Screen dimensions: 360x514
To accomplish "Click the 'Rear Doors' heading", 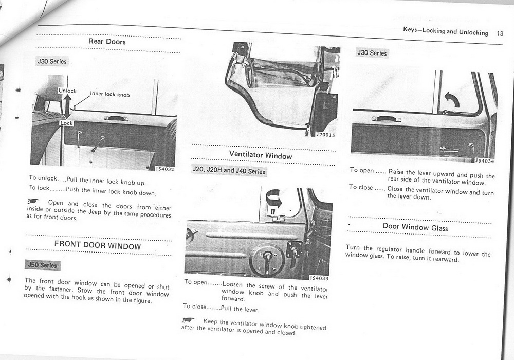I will (x=107, y=41).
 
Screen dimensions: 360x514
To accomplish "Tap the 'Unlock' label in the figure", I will (x=67, y=91).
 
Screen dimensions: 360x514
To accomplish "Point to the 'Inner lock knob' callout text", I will (x=110, y=94).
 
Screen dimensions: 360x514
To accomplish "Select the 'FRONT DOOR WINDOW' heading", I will (x=98, y=246).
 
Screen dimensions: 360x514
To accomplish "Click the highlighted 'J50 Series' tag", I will (x=41, y=265).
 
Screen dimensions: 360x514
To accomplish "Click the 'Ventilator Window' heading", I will (x=261, y=155).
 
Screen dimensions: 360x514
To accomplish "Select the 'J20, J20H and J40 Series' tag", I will (x=228, y=171).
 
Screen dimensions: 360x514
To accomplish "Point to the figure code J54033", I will (x=319, y=278).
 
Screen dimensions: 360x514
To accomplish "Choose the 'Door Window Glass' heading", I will (x=415, y=227).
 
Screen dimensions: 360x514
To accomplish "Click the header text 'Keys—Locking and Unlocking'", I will (x=446, y=32).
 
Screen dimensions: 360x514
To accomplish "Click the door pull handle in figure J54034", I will (x=387, y=119).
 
